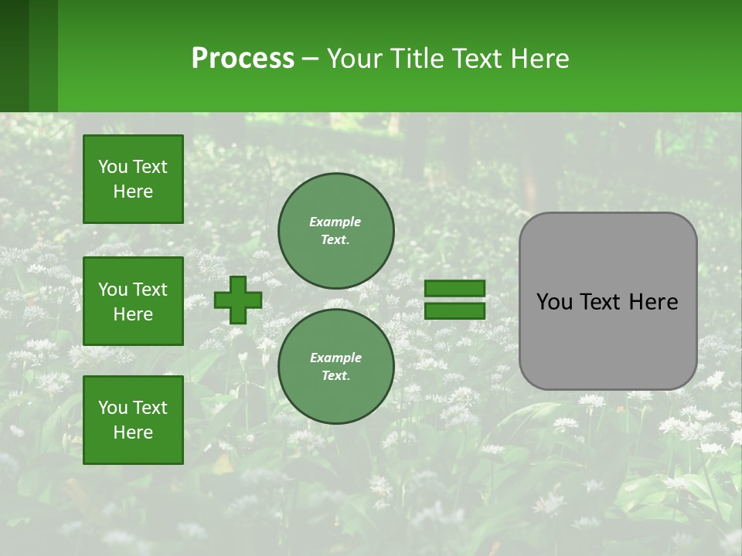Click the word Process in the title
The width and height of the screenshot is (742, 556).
tap(243, 58)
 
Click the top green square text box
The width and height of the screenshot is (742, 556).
tap(133, 179)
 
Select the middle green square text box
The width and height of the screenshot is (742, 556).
tap(133, 301)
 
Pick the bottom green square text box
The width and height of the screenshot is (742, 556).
tap(133, 419)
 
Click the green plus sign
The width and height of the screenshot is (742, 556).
tap(238, 300)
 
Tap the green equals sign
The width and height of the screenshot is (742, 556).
tap(454, 300)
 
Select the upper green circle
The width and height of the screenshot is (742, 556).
tap(335, 230)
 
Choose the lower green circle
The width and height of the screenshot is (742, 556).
tap(335, 366)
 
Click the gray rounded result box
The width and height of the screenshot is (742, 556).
tap(608, 301)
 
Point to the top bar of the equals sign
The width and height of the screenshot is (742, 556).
tap(454, 289)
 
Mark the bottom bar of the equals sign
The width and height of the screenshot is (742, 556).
tap(454, 310)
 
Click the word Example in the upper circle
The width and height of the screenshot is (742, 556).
tap(335, 222)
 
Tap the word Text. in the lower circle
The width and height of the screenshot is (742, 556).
tap(335, 375)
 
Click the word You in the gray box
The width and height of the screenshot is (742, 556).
tap(554, 302)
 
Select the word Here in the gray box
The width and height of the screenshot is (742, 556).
tap(653, 302)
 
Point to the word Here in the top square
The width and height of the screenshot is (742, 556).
tap(133, 192)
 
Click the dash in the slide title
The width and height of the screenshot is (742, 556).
tap(311, 59)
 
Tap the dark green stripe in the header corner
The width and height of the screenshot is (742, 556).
tap(14, 56)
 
